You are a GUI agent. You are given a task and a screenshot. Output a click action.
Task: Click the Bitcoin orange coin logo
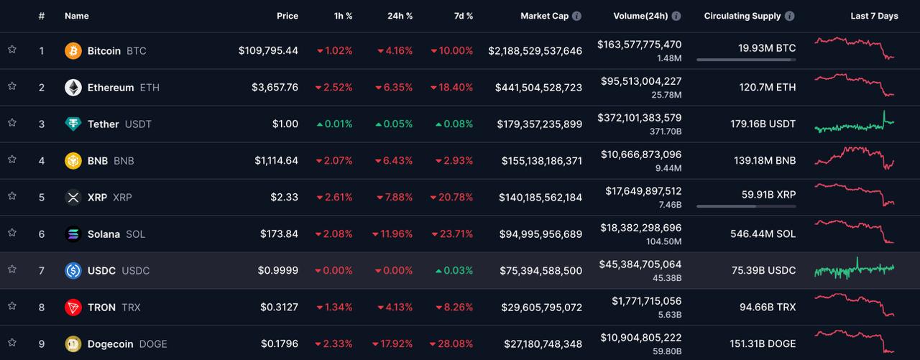[73, 50]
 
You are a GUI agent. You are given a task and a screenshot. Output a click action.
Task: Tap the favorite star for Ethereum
[12, 86]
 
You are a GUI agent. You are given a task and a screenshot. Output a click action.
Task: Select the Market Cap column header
[544, 16]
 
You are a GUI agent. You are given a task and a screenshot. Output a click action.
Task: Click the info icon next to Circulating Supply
[790, 16]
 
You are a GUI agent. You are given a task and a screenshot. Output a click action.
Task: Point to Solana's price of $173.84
[280, 234]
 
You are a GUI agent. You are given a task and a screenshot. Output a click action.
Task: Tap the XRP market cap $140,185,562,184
[539, 198]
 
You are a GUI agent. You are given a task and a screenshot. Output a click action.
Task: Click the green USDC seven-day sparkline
[854, 269]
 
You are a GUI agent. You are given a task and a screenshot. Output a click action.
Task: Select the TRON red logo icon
[73, 308]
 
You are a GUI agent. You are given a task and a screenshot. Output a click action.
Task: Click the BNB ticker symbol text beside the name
[124, 161]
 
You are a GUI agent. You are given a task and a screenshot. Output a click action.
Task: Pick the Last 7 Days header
[874, 16]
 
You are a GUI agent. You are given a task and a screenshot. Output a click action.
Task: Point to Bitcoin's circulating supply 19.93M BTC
[767, 48]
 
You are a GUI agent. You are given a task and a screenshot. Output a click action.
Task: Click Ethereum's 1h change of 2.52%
[334, 88]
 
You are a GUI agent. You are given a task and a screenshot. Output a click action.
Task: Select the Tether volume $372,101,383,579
[639, 118]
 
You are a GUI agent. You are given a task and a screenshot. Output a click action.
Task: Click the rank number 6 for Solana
[42, 234]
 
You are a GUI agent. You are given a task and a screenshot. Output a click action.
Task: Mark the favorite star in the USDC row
[12, 269]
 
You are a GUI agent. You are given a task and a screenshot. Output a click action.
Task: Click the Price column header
[287, 16]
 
